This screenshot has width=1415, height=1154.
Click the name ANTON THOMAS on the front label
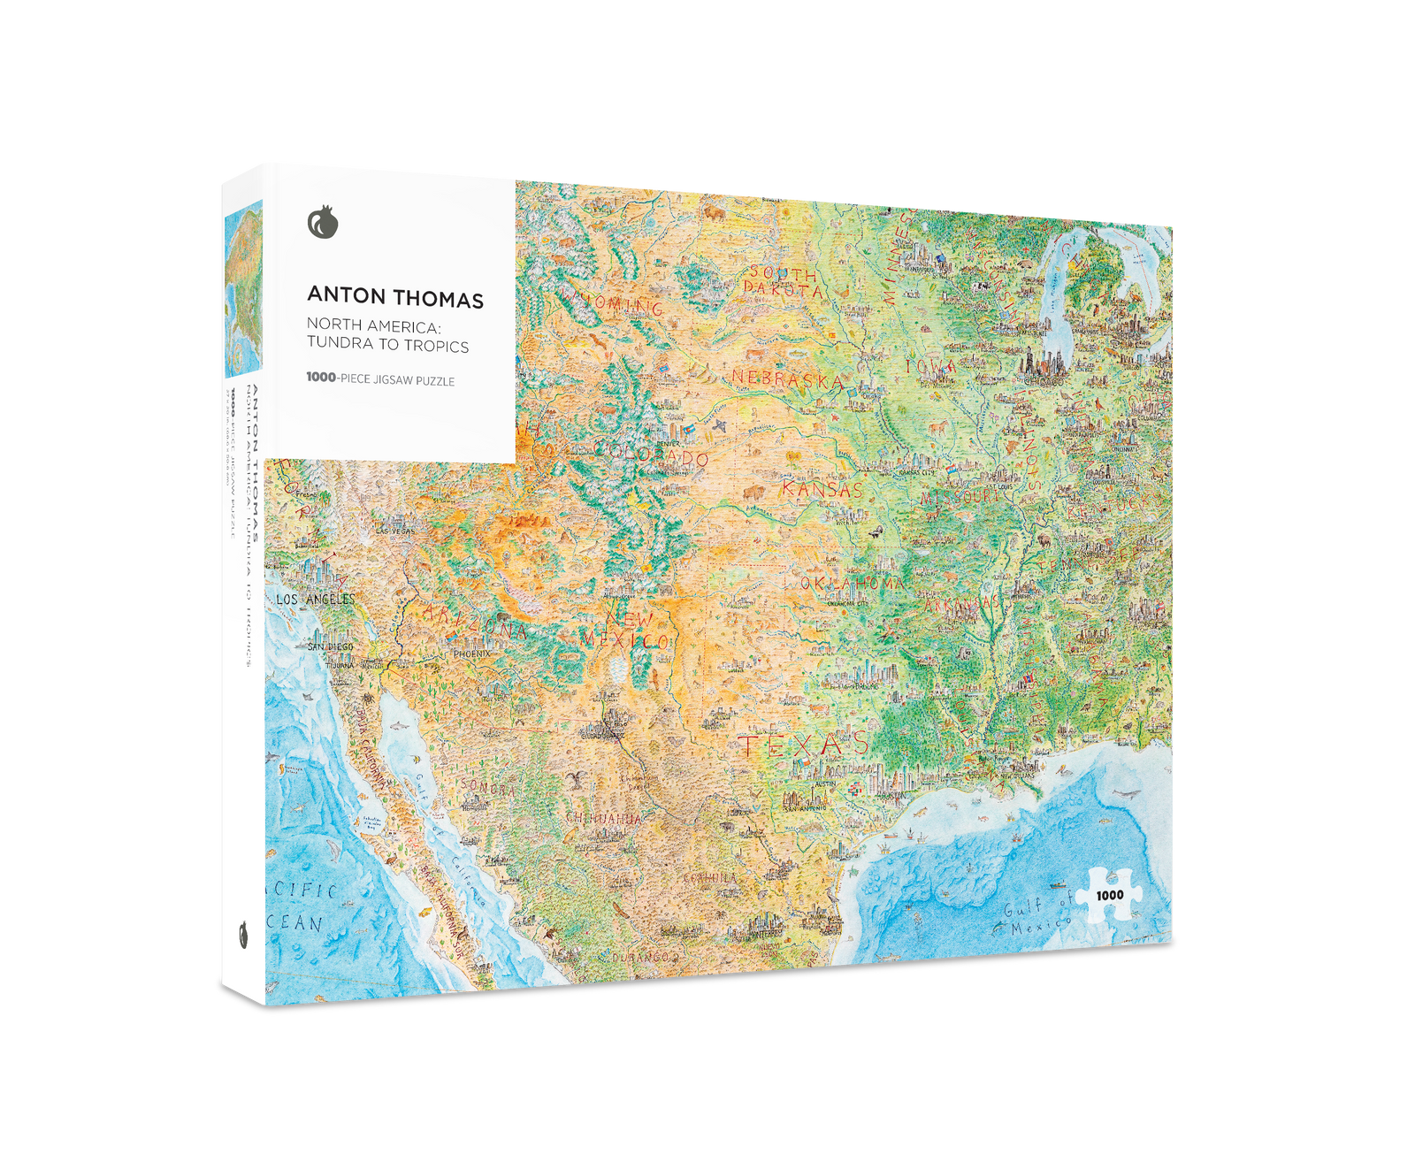(395, 298)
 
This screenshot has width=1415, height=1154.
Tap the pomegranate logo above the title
(323, 222)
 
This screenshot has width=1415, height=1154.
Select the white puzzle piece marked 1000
(1109, 895)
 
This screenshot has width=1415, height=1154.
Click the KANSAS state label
(822, 489)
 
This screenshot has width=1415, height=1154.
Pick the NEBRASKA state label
(787, 378)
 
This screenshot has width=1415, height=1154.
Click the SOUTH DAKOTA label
(782, 281)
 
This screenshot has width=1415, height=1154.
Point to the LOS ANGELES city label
(315, 600)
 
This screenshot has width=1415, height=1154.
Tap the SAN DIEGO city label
(330, 646)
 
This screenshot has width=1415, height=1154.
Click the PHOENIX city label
(471, 653)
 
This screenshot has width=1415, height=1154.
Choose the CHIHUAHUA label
(603, 818)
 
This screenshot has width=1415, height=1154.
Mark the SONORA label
(487, 786)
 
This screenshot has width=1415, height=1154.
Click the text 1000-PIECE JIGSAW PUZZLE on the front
(380, 379)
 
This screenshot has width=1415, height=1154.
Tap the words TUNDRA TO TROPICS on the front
(387, 346)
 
